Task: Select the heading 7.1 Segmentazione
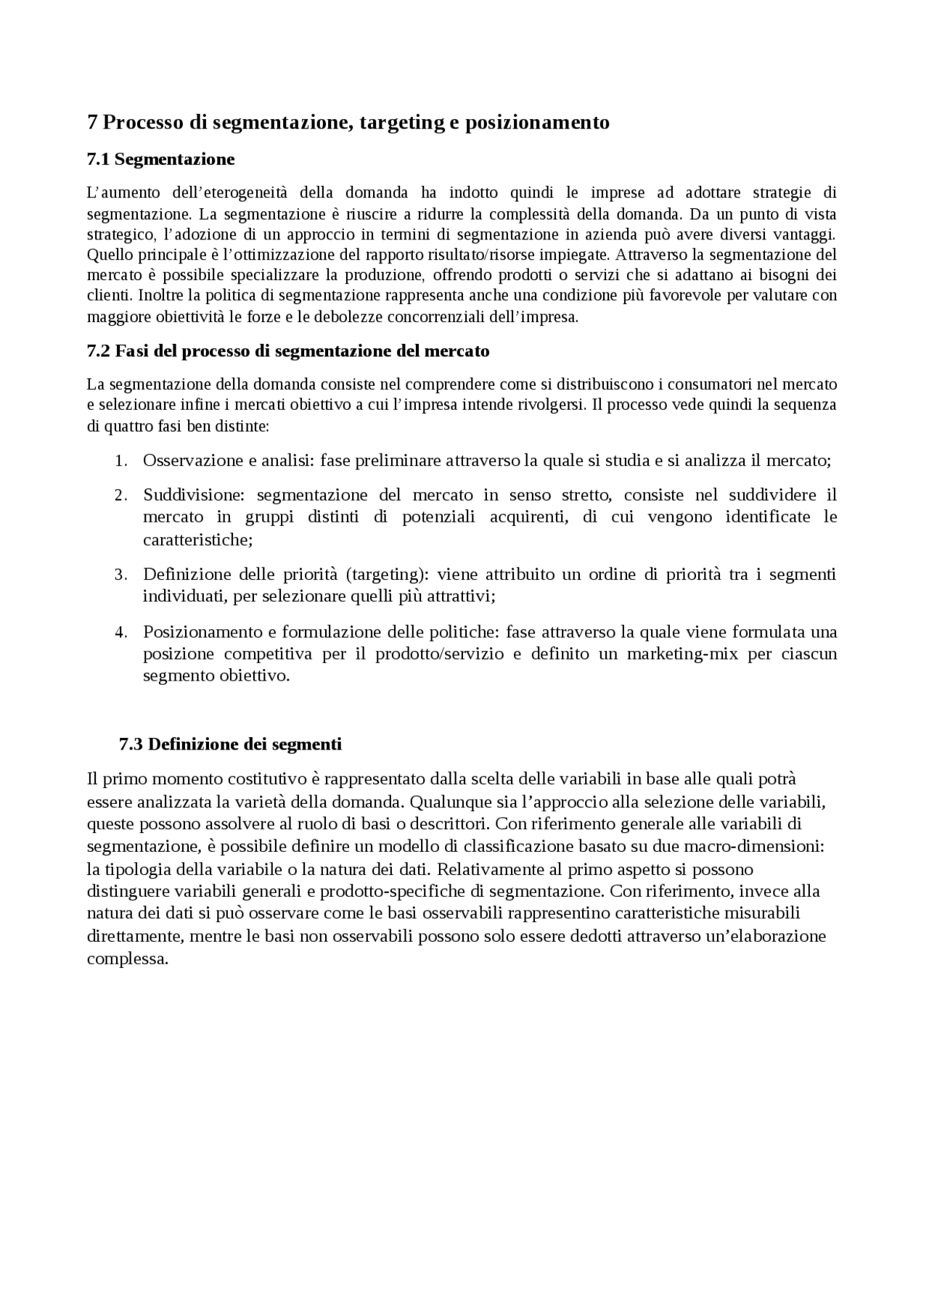(160, 159)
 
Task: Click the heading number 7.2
(98, 351)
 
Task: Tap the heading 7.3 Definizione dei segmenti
(230, 744)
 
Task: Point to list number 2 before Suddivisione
(121, 496)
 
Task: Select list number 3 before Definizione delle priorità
(121, 575)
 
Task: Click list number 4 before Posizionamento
(121, 633)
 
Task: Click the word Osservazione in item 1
(193, 461)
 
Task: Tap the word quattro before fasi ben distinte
(123, 426)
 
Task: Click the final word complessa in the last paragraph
(127, 958)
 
